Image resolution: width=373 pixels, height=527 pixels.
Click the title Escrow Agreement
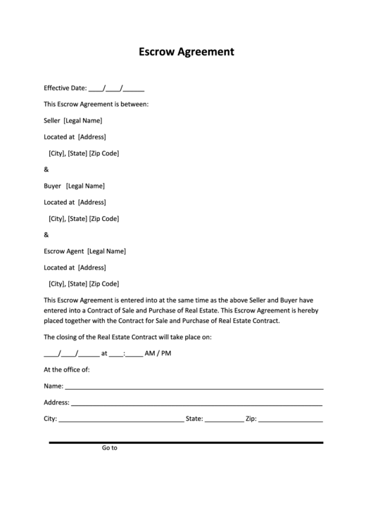[x=186, y=51]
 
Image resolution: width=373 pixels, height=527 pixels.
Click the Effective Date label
[x=65, y=88]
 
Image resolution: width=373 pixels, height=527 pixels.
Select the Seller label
[x=52, y=120]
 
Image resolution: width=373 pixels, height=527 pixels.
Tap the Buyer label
[x=52, y=186]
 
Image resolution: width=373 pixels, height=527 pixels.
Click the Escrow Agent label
[x=64, y=251]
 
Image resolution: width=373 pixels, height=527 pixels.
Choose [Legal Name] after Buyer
[x=85, y=186]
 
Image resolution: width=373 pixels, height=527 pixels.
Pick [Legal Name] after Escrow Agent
[x=107, y=251]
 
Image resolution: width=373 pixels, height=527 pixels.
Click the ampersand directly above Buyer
[x=46, y=170]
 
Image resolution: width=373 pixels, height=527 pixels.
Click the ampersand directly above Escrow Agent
[x=46, y=235]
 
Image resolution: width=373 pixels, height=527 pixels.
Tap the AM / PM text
[x=158, y=353]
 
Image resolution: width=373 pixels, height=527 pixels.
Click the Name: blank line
[x=194, y=388]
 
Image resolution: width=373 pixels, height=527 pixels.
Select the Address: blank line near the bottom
[x=196, y=404]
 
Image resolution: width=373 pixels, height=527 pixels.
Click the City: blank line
[x=121, y=420]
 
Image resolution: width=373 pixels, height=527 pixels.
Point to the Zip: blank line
[x=291, y=420]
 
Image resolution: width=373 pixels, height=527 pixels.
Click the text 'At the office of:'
[x=67, y=369]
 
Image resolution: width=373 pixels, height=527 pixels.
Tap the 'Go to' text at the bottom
[x=110, y=447]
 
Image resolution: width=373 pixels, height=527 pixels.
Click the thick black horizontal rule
[x=186, y=442]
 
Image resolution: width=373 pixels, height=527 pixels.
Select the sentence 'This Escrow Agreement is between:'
[x=96, y=104]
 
